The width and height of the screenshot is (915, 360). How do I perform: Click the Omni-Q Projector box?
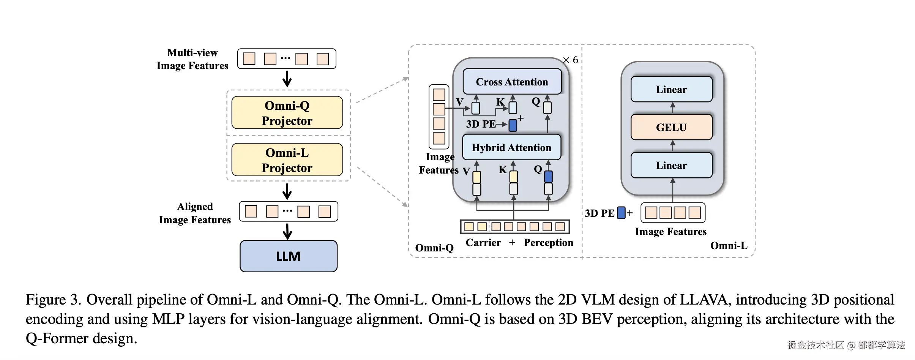(287, 113)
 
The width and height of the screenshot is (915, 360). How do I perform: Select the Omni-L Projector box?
(287, 160)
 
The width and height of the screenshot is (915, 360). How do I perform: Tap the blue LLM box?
(289, 256)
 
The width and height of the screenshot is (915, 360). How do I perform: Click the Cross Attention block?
(512, 82)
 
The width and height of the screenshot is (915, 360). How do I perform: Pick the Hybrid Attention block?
(511, 147)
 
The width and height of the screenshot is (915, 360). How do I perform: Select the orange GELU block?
(671, 127)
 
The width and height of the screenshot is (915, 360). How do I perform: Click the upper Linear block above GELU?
(671, 89)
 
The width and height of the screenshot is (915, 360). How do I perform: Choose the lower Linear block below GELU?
(671, 165)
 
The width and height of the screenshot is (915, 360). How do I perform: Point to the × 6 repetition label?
(571, 60)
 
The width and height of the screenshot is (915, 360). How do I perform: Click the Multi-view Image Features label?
(192, 59)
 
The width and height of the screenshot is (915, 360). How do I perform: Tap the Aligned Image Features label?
(195, 213)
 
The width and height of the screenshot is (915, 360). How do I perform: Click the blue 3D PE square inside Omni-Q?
(513, 125)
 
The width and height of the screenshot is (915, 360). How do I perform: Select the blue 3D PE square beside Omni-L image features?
(621, 213)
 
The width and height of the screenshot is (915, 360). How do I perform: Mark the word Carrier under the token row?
(483, 243)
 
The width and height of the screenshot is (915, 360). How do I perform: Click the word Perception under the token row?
(548, 243)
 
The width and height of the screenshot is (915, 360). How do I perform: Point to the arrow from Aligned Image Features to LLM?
(288, 231)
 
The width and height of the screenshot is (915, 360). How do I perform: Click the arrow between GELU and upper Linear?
(672, 108)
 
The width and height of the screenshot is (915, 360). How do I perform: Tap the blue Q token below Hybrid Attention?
(548, 177)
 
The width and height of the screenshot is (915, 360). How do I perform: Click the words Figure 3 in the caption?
(53, 300)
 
